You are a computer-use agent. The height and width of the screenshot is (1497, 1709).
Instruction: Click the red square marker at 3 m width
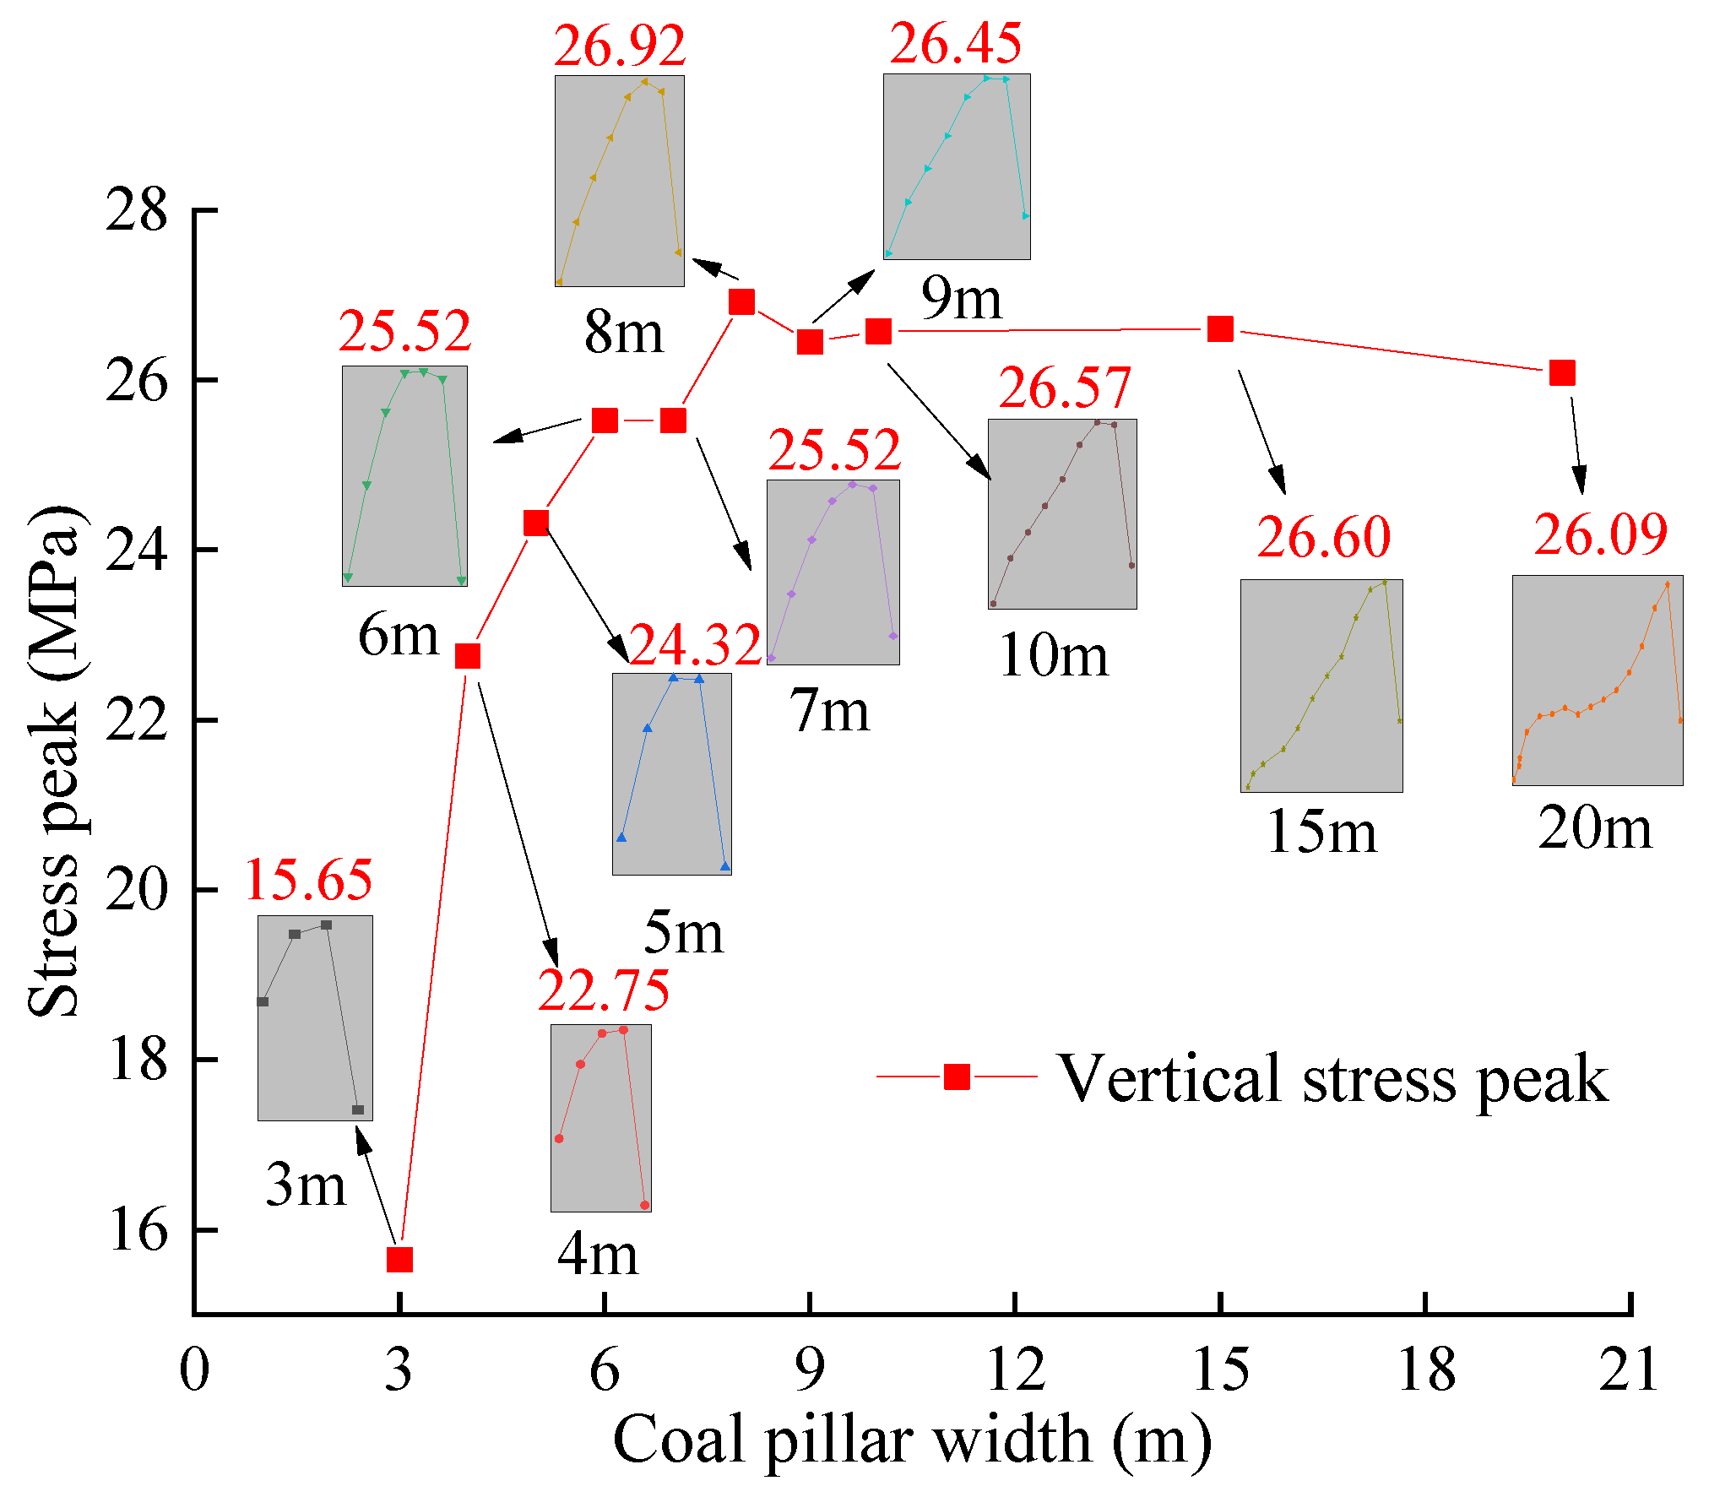(x=399, y=1260)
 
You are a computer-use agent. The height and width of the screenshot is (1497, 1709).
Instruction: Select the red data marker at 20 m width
(x=1562, y=372)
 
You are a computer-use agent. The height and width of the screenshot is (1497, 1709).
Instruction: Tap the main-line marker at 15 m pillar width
(x=1220, y=329)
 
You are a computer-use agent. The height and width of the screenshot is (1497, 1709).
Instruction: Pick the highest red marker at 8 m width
(x=741, y=301)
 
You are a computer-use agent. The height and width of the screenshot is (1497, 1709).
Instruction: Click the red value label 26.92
(x=619, y=46)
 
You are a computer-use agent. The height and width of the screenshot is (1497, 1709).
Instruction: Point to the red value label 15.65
(x=308, y=880)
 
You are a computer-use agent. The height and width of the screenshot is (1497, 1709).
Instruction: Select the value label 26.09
(x=1600, y=534)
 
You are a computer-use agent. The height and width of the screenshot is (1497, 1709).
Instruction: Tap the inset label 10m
(x=1053, y=655)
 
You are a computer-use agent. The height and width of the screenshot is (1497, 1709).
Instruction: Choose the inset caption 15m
(x=1321, y=832)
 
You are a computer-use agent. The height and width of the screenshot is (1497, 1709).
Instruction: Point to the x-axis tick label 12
(x=1015, y=1369)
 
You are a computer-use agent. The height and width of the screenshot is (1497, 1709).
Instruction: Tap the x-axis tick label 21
(x=1629, y=1369)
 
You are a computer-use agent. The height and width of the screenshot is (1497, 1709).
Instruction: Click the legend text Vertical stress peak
(x=1332, y=1079)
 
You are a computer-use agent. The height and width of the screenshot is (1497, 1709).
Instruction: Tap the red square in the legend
(x=957, y=1077)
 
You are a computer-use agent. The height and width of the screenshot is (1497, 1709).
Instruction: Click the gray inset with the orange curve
(x=1597, y=681)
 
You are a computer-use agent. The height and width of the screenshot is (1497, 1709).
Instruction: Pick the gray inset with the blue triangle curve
(x=671, y=774)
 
